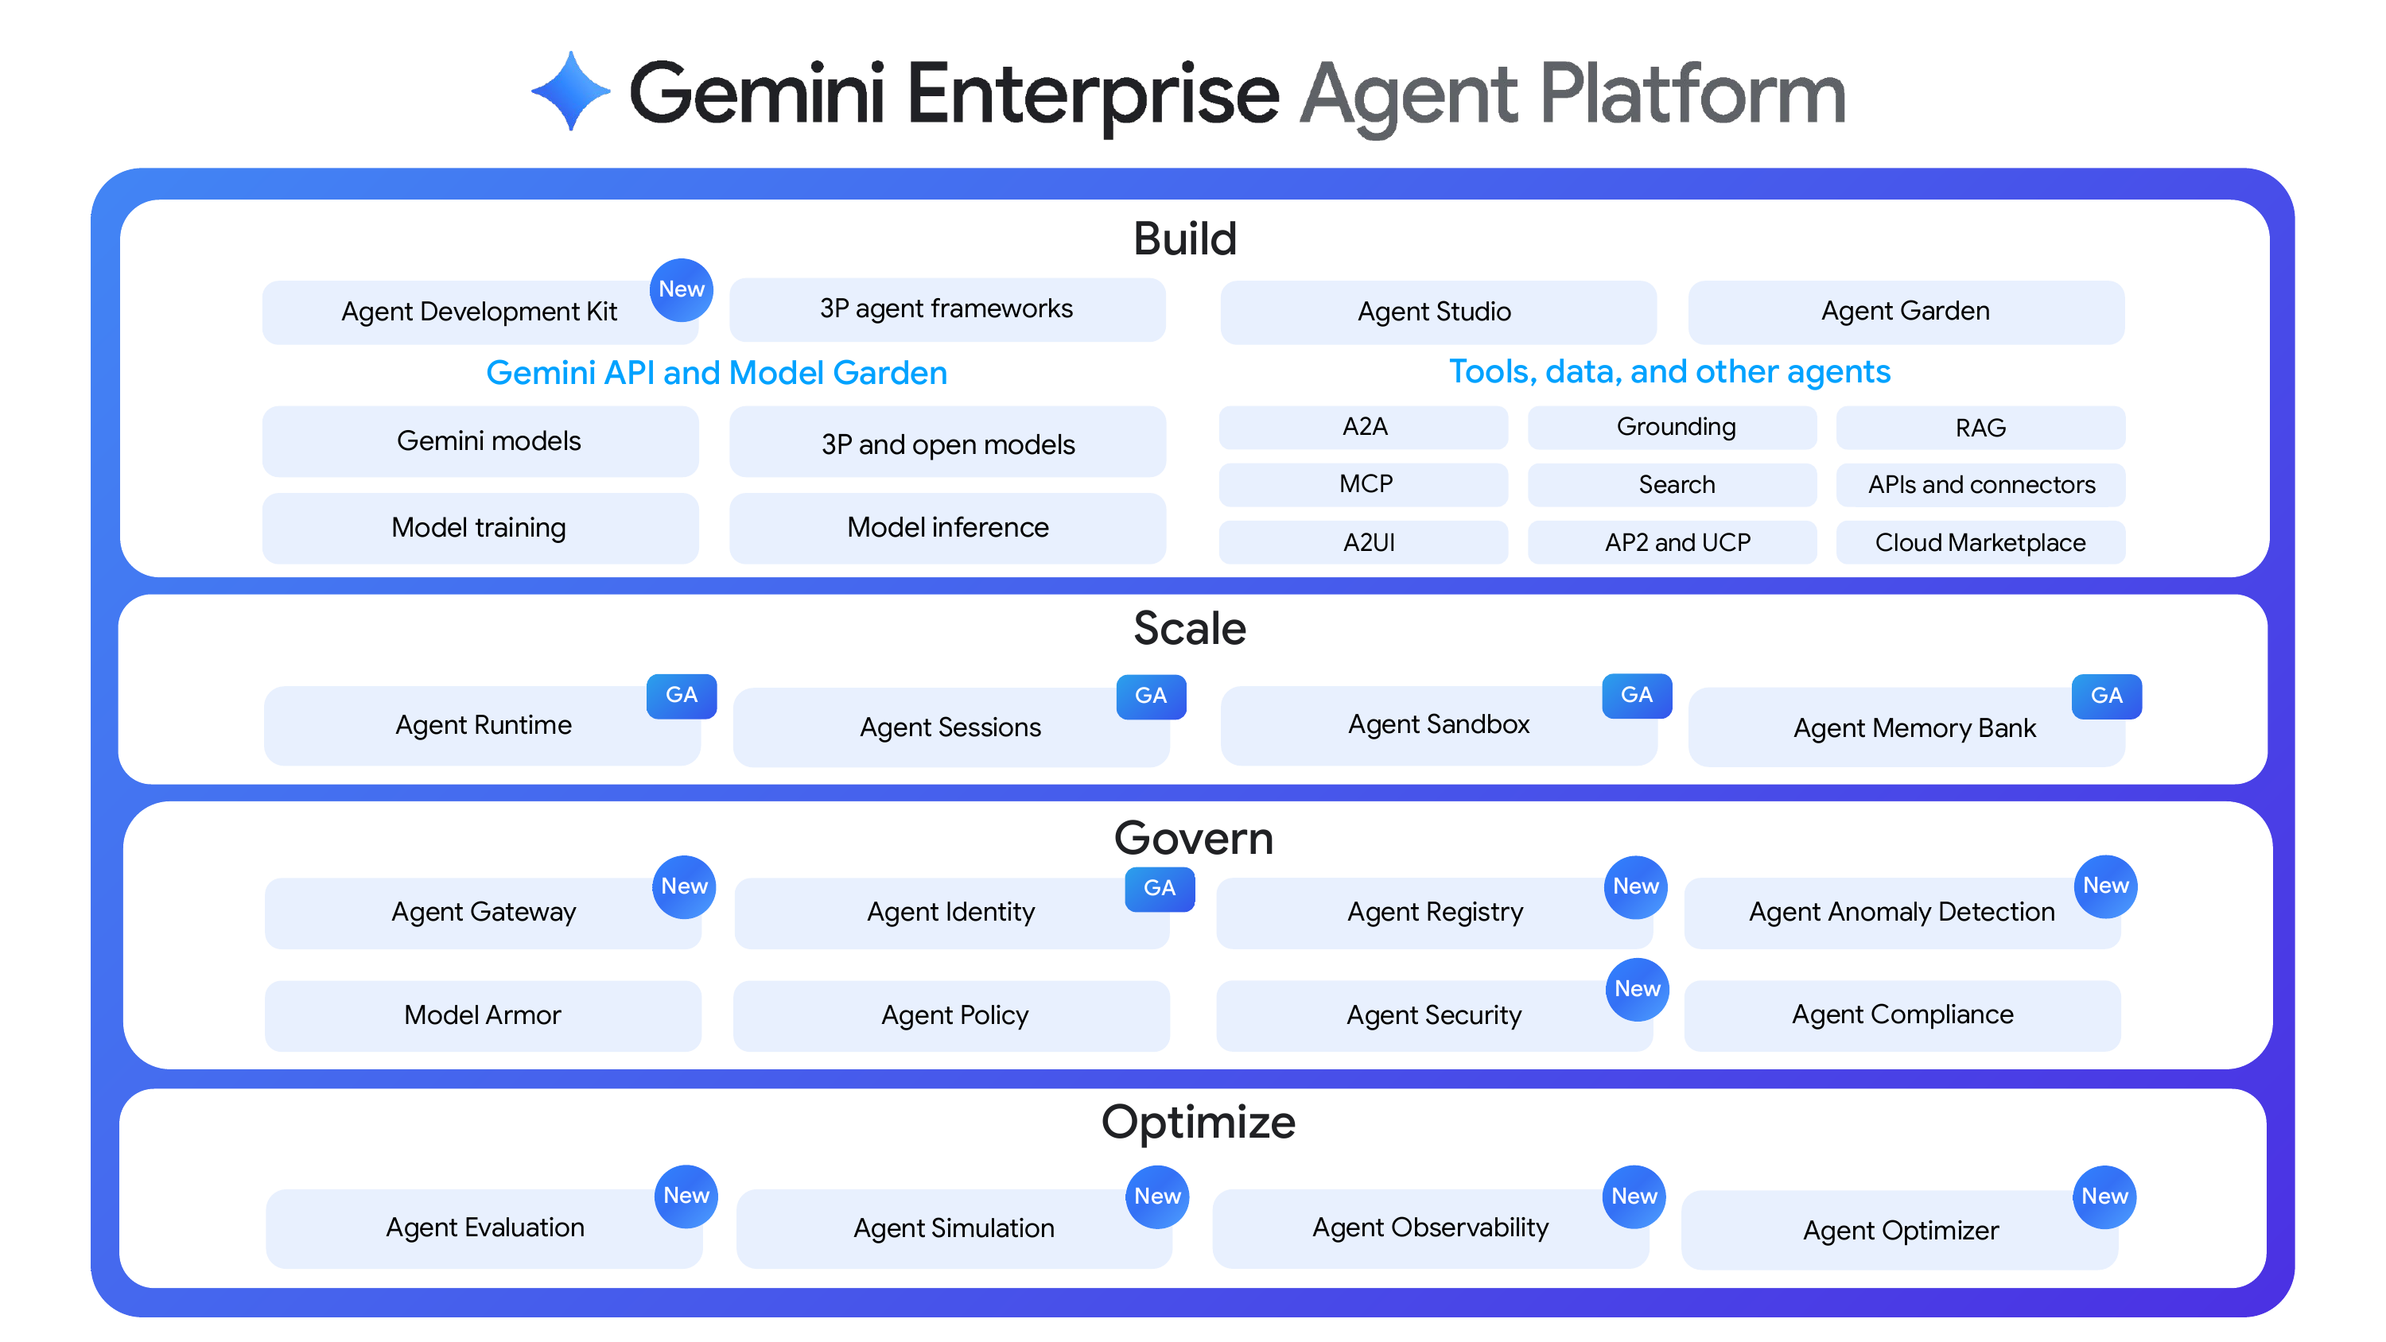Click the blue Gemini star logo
(570, 91)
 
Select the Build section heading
(1185, 239)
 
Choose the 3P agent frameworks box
(946, 309)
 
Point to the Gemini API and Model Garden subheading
(716, 372)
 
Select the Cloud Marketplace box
(1980, 541)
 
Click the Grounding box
(1675, 427)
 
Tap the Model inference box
(946, 527)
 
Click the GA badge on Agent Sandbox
(1636, 696)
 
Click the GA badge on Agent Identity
(1159, 888)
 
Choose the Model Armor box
(482, 1015)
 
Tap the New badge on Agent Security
(1637, 989)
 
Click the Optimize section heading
(1198, 1123)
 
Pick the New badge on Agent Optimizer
(2104, 1197)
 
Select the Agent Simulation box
(953, 1228)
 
